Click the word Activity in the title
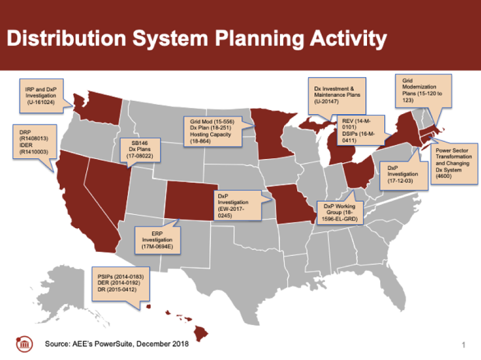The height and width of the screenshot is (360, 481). point(348,39)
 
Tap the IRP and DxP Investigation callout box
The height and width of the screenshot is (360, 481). point(42,96)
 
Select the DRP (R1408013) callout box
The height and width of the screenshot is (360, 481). point(34,142)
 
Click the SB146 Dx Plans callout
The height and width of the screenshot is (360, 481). point(140,150)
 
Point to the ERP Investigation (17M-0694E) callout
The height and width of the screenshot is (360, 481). point(157,240)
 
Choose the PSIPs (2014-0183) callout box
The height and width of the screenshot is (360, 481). point(121,284)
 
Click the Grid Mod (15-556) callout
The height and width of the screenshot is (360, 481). point(212,131)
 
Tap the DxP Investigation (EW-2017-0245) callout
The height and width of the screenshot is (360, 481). point(238,206)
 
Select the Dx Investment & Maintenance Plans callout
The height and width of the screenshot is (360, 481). point(337,96)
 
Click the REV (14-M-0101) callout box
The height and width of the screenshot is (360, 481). point(360,130)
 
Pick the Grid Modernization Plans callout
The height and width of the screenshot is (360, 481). point(423,91)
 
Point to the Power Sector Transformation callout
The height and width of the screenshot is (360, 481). point(454,164)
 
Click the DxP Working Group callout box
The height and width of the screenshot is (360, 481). point(339,212)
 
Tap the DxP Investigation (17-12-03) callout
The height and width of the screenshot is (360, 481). point(404,175)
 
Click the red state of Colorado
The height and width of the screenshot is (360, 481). point(191,200)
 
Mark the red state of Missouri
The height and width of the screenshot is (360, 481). point(292,204)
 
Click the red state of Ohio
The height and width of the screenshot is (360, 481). point(358,173)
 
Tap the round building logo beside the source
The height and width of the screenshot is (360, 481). point(24,344)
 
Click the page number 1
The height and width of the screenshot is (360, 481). point(463,345)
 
